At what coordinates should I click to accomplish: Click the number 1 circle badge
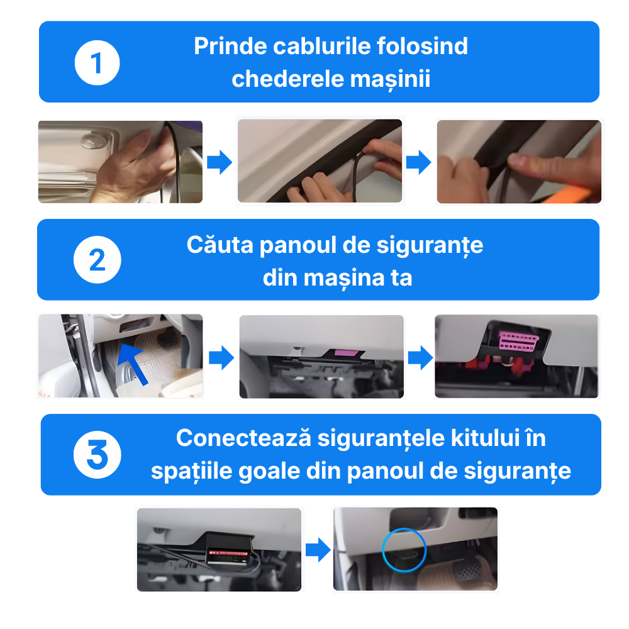(97, 63)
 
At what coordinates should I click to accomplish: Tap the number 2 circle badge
(97, 260)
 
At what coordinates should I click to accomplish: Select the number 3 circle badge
(97, 455)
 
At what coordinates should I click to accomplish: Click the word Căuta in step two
(220, 245)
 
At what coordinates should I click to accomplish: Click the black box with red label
(231, 550)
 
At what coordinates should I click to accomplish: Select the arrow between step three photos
(318, 550)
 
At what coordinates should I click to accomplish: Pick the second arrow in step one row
(418, 162)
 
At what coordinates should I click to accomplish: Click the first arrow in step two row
(221, 357)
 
